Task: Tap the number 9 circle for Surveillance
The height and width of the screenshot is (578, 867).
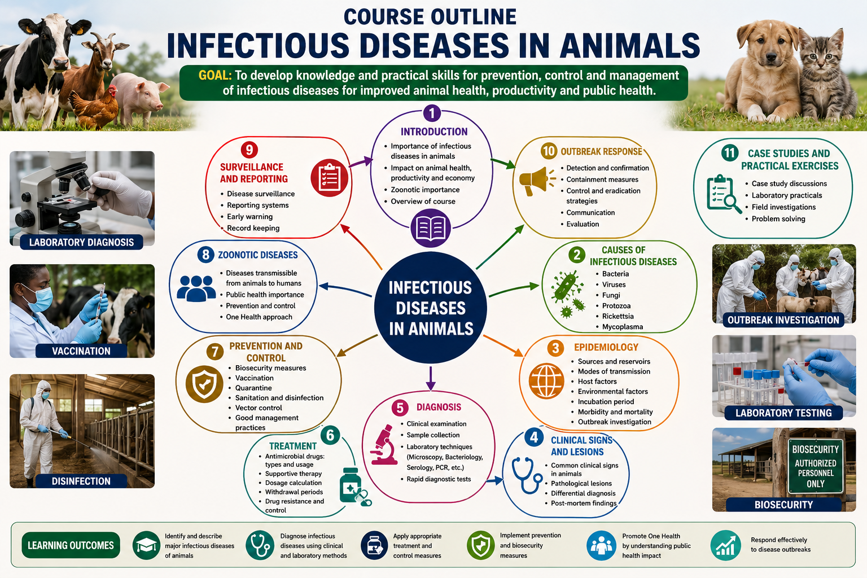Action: point(249,150)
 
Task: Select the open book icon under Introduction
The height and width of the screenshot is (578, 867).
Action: point(431,229)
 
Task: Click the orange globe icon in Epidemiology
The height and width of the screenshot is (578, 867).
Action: point(546,381)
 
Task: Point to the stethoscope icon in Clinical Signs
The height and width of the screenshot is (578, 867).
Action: point(527,475)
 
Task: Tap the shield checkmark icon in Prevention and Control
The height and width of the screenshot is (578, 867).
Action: point(204,384)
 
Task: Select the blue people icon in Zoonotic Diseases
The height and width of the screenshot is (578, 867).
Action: point(196,288)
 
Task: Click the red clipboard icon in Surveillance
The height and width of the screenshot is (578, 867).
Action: point(330,178)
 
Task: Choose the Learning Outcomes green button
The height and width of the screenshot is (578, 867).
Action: point(71,545)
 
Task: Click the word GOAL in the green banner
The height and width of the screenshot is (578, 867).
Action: point(215,75)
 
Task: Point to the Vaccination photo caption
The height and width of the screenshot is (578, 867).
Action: point(81,351)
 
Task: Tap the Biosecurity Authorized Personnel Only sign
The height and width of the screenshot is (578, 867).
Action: point(816,466)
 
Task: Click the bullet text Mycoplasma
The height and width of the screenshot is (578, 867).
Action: point(623,327)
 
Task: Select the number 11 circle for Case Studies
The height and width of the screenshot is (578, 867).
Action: point(730,153)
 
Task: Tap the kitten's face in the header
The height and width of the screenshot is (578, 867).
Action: point(822,58)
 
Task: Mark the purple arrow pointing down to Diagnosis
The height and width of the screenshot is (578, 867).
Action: point(431,378)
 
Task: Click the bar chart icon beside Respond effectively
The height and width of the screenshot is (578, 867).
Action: point(725,545)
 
